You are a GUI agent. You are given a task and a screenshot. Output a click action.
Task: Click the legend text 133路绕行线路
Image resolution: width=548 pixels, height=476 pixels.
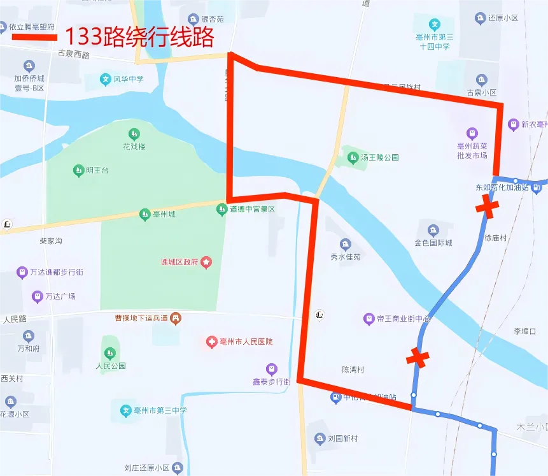tap(139, 36)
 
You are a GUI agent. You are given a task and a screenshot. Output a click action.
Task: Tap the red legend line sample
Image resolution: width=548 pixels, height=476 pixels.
tap(34, 36)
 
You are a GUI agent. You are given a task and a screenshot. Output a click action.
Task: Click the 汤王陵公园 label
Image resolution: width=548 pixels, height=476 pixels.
tap(379, 157)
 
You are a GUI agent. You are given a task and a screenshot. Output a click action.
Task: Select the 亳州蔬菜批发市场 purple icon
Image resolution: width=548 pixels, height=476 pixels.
tap(472, 133)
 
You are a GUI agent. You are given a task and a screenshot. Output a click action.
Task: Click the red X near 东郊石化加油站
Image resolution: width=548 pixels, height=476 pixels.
tap(488, 206)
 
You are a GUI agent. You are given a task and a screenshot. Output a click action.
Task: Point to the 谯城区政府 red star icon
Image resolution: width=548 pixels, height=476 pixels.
tap(206, 262)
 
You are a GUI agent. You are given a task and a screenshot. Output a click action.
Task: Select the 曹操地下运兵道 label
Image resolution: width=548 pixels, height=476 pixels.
tap(141, 317)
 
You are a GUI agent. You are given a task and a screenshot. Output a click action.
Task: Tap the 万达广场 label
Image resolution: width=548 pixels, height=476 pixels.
tap(60, 296)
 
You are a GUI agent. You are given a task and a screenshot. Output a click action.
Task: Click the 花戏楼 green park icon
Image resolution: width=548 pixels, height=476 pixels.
tap(134, 134)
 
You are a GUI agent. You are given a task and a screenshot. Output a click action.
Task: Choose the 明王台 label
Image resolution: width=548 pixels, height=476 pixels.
tap(97, 170)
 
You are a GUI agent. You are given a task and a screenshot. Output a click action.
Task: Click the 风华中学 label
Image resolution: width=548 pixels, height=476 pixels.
tap(129, 80)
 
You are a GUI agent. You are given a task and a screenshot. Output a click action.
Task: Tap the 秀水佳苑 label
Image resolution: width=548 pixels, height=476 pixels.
tap(345, 257)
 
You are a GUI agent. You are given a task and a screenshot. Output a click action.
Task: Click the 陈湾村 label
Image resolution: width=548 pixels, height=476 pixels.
tap(353, 370)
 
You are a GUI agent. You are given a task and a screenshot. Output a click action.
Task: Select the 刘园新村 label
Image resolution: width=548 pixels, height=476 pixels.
tap(342, 438)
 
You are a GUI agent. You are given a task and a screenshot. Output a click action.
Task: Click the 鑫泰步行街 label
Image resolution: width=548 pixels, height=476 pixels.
tap(271, 382)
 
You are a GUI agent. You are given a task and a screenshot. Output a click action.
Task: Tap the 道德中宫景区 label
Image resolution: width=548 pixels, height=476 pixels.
tap(252, 209)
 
